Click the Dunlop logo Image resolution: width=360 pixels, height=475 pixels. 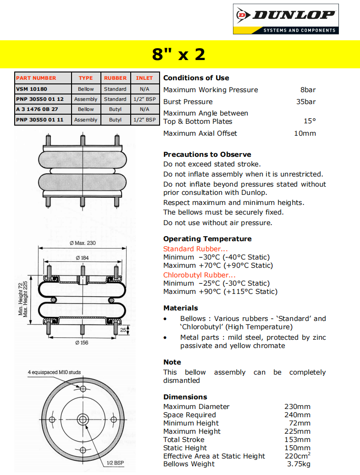285,18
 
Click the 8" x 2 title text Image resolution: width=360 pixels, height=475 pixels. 179,55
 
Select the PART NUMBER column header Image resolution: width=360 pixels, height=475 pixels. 36,78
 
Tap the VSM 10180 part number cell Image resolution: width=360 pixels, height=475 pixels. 31,89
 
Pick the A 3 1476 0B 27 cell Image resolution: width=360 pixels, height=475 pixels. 36,109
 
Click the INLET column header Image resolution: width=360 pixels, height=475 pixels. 144,78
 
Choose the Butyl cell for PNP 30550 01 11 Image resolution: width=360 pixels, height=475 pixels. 115,120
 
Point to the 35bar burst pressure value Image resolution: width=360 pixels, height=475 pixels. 306,102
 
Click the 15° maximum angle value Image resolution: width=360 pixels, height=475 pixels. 310,122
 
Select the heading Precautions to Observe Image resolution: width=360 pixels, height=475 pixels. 207,155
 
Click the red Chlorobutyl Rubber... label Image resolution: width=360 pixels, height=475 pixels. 199,275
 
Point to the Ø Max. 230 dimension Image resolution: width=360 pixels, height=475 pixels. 83,243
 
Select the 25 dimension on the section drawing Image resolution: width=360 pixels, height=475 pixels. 123,330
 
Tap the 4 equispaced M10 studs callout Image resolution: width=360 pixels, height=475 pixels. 55,372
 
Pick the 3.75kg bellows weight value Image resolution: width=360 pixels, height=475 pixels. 299,464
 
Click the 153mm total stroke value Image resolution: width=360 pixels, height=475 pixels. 297,440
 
